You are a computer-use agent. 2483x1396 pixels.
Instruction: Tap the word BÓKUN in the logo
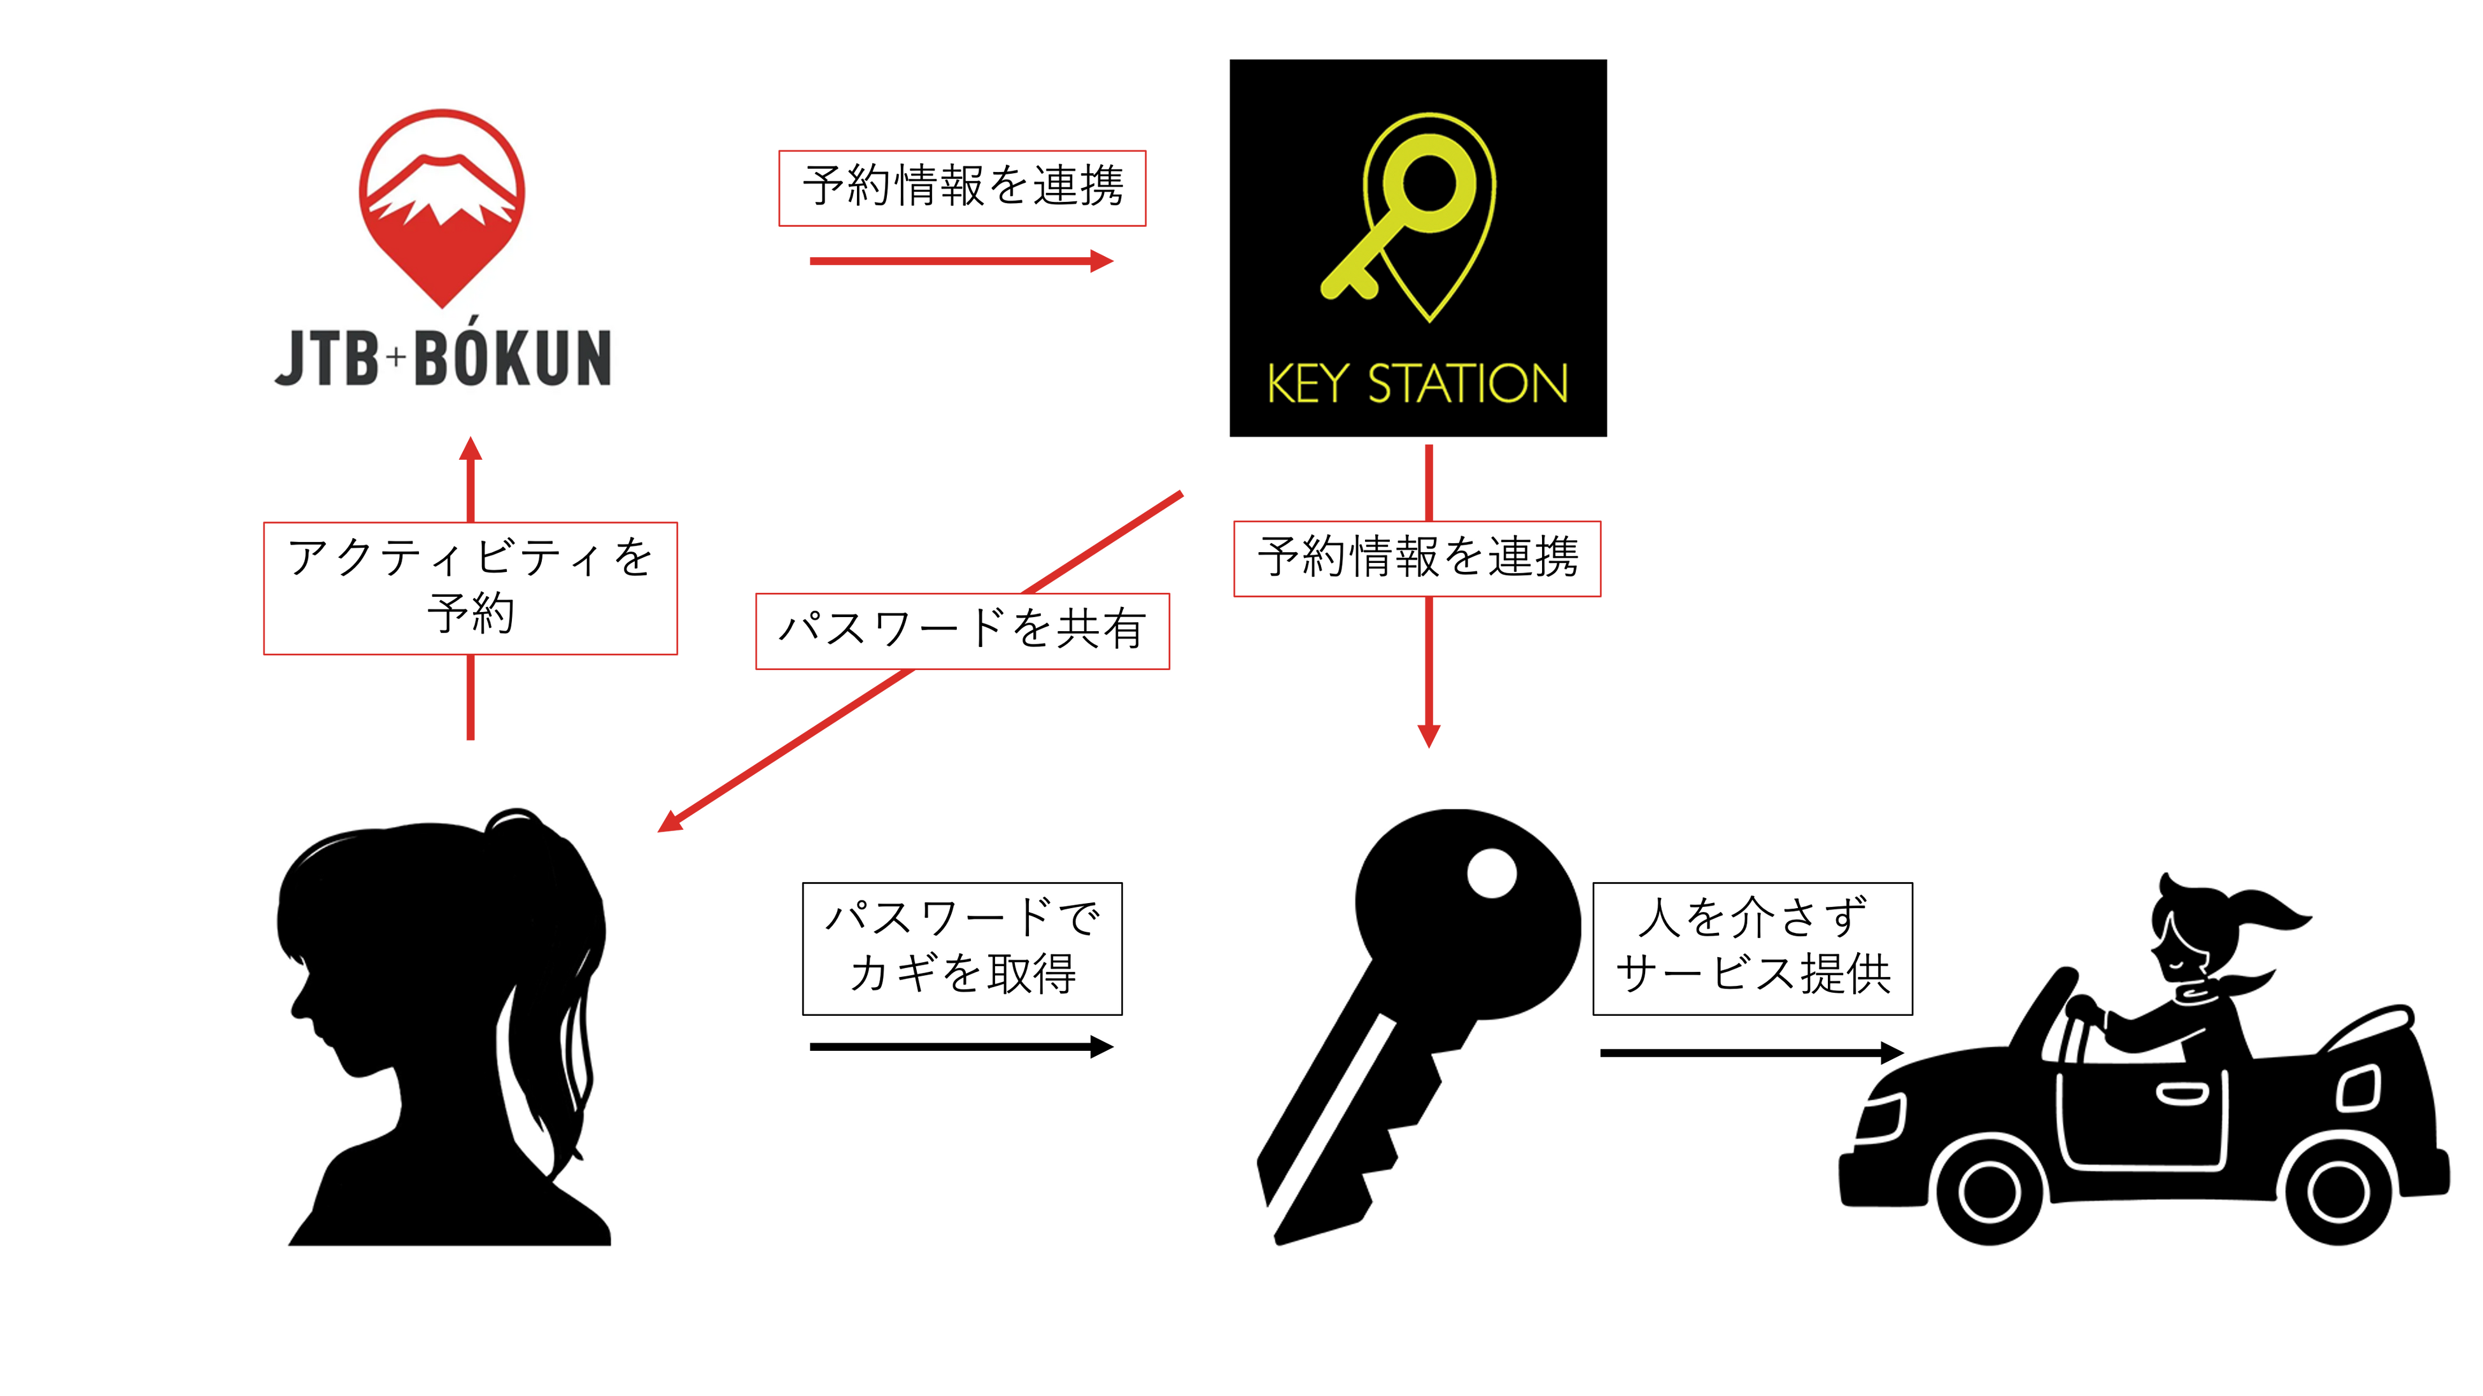(x=513, y=358)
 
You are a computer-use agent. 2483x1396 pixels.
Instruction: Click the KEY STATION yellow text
(x=1417, y=383)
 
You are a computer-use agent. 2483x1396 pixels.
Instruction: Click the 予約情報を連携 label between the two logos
(x=962, y=188)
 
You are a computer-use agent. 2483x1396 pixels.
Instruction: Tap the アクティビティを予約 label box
(x=470, y=588)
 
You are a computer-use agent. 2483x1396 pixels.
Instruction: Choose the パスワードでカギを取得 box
(x=962, y=948)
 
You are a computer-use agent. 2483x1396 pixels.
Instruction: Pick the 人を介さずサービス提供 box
(x=1752, y=948)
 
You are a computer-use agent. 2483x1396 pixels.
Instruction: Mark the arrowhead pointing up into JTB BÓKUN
(x=470, y=451)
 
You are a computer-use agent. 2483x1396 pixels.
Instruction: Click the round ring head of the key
(x=1431, y=183)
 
